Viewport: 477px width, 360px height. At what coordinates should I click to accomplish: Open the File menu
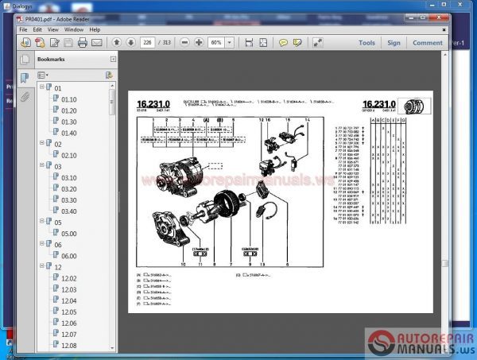click(x=23, y=29)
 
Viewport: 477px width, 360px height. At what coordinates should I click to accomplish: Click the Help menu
click(x=95, y=29)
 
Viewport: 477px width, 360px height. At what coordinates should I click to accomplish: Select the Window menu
click(x=74, y=29)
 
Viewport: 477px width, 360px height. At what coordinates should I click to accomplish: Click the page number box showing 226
click(x=146, y=43)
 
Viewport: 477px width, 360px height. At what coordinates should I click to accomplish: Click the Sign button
click(x=394, y=43)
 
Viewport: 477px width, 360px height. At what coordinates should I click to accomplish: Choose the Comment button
click(x=427, y=43)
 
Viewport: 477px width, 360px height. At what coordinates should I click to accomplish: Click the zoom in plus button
click(x=200, y=43)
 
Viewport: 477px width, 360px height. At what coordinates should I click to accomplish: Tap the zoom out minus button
click(x=185, y=43)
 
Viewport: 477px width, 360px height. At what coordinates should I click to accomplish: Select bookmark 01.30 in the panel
click(x=69, y=122)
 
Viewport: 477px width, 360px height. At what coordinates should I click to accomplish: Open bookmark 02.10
click(x=69, y=155)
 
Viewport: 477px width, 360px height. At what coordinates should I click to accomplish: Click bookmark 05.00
click(x=69, y=234)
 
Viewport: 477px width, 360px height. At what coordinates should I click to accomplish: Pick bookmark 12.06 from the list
click(x=69, y=323)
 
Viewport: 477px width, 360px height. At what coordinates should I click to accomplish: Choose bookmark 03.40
click(x=69, y=211)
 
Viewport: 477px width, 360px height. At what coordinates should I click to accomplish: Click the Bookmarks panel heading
click(x=52, y=59)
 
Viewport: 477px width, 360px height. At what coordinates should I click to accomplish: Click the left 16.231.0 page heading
click(x=153, y=103)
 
